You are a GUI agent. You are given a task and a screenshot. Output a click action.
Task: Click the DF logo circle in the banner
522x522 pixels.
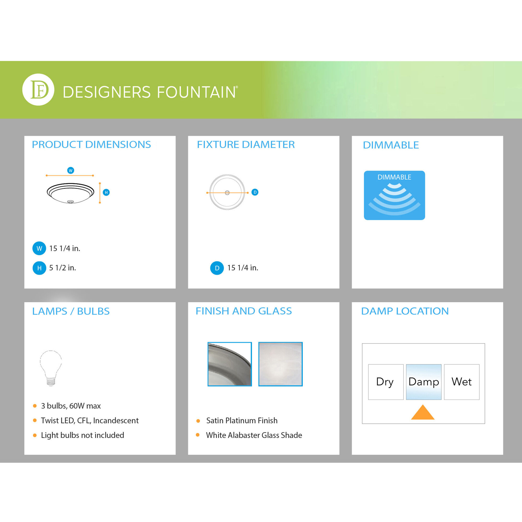38,90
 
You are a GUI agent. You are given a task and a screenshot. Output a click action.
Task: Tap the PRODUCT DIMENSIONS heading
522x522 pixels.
91,145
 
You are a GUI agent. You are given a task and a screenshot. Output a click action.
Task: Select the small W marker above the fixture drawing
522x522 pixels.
70,170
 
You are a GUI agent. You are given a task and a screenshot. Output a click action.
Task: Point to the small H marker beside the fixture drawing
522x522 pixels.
106,192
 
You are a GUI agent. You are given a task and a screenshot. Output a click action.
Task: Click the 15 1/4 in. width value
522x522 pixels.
64,248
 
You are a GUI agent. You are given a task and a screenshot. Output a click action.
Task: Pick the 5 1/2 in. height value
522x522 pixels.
62,268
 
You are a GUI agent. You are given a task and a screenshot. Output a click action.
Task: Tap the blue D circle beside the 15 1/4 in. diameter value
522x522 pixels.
217,268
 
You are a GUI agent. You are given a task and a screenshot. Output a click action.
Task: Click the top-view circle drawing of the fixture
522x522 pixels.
227,192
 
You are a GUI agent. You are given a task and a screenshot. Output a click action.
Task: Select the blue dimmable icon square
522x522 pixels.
394,195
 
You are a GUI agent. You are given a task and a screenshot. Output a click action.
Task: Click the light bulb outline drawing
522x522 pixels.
51,368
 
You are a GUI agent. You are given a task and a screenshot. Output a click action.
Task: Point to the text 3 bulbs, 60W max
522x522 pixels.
71,406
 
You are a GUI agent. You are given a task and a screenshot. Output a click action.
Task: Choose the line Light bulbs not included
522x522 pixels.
82,435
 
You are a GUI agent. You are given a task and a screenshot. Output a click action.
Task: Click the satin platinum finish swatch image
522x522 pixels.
230,364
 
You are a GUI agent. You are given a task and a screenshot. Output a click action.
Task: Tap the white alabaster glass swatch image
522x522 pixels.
281,364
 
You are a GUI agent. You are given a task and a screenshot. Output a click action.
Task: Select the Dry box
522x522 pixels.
386,382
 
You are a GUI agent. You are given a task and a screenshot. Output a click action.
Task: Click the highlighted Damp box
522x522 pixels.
424,382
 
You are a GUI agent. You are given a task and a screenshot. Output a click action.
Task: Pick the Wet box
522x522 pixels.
462,382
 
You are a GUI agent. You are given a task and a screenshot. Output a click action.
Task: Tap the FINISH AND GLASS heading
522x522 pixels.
244,311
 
